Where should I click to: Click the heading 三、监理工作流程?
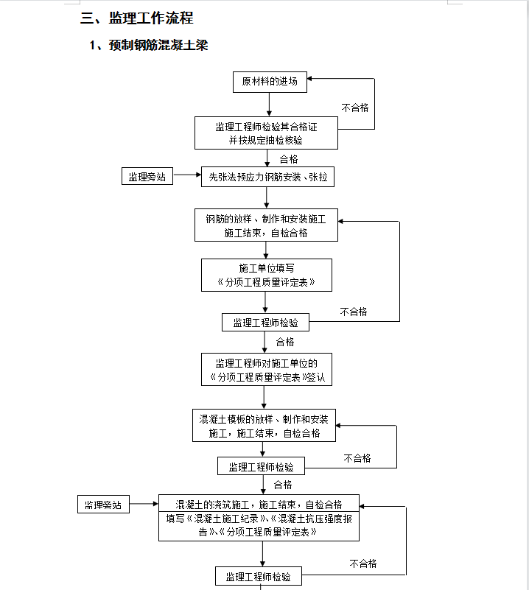[x=136, y=18]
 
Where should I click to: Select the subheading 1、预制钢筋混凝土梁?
[x=149, y=45]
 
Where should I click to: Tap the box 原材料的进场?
[x=270, y=82]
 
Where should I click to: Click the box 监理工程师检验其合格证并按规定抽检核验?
[x=266, y=133]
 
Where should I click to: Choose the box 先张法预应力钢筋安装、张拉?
[x=267, y=177]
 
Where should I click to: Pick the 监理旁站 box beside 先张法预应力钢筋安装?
[x=147, y=176]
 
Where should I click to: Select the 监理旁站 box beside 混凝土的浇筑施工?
[x=103, y=505]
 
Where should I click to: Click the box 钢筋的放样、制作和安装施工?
[x=266, y=225]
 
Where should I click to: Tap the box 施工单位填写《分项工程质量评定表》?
[x=267, y=275]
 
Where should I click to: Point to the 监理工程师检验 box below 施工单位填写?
[x=265, y=323]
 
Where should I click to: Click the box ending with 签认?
[x=267, y=369]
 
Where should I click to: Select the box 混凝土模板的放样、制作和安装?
[x=264, y=425]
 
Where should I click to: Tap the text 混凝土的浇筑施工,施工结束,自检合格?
[x=259, y=505]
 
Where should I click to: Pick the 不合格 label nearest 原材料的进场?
[x=355, y=108]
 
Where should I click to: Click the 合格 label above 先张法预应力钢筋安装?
[x=289, y=159]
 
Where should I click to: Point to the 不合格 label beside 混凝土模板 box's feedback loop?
[x=357, y=458]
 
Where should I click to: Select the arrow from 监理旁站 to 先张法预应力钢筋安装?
[x=187, y=175]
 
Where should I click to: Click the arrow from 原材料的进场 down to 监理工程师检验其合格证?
[x=269, y=105]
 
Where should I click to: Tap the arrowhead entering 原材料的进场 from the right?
[x=309, y=79]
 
